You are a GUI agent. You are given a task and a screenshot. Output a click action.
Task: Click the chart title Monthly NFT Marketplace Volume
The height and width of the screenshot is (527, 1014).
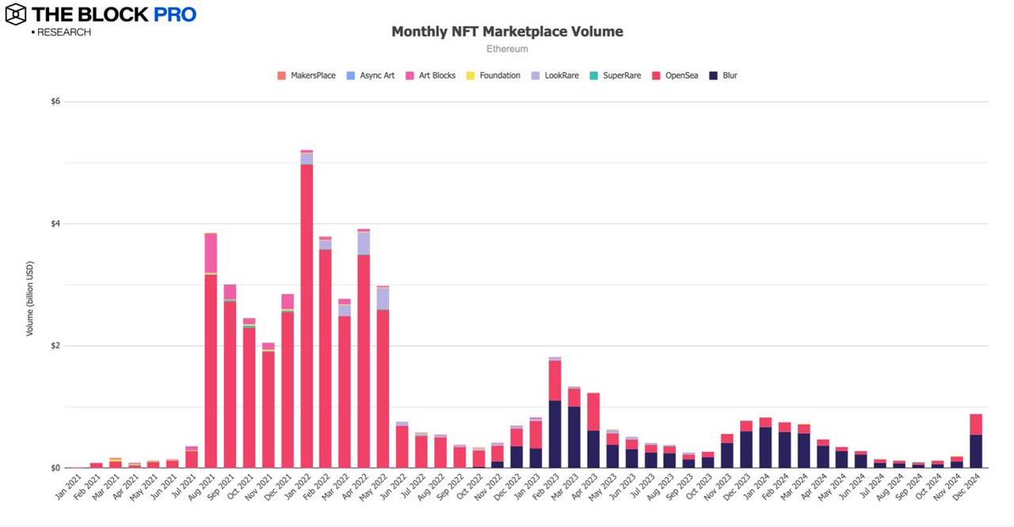point(507,31)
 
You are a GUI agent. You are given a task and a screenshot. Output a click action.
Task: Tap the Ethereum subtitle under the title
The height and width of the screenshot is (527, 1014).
point(507,49)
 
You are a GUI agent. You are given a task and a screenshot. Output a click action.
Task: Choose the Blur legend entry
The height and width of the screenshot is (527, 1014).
point(724,75)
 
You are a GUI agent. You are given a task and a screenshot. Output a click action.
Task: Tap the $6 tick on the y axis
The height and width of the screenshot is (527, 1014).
point(56,102)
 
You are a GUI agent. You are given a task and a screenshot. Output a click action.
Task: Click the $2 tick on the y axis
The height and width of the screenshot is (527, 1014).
point(56,346)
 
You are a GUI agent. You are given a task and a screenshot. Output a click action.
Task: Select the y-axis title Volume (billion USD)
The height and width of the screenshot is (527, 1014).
point(30,285)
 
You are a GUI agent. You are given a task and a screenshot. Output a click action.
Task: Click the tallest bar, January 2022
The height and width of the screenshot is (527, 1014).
point(306,313)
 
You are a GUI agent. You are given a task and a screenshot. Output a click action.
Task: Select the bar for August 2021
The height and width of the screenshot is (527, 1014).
point(211,355)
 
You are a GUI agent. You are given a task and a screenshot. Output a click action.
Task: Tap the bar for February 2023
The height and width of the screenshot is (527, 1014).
point(555,414)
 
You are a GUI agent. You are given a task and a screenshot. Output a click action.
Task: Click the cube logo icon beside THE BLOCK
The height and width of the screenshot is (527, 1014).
point(16,14)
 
